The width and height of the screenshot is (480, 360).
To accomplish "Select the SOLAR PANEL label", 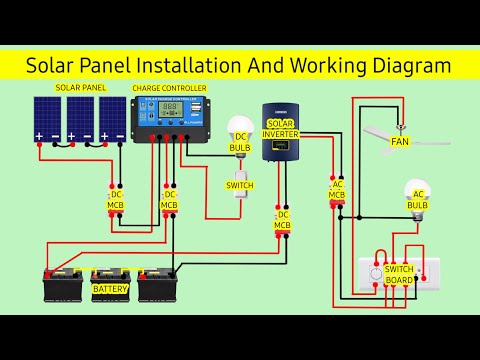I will [x=81, y=88].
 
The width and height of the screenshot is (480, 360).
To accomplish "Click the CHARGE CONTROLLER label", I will [x=170, y=88].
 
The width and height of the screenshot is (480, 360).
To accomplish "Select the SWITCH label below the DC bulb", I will [x=239, y=186].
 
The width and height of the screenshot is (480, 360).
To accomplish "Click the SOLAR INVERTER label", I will [x=281, y=127].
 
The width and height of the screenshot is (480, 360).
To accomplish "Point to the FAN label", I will [x=400, y=142].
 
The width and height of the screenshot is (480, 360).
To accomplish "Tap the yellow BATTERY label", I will [x=110, y=289].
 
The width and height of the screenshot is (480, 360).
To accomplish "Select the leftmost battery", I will [x=63, y=284].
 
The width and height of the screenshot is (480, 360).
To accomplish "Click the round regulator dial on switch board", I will [x=377, y=272].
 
